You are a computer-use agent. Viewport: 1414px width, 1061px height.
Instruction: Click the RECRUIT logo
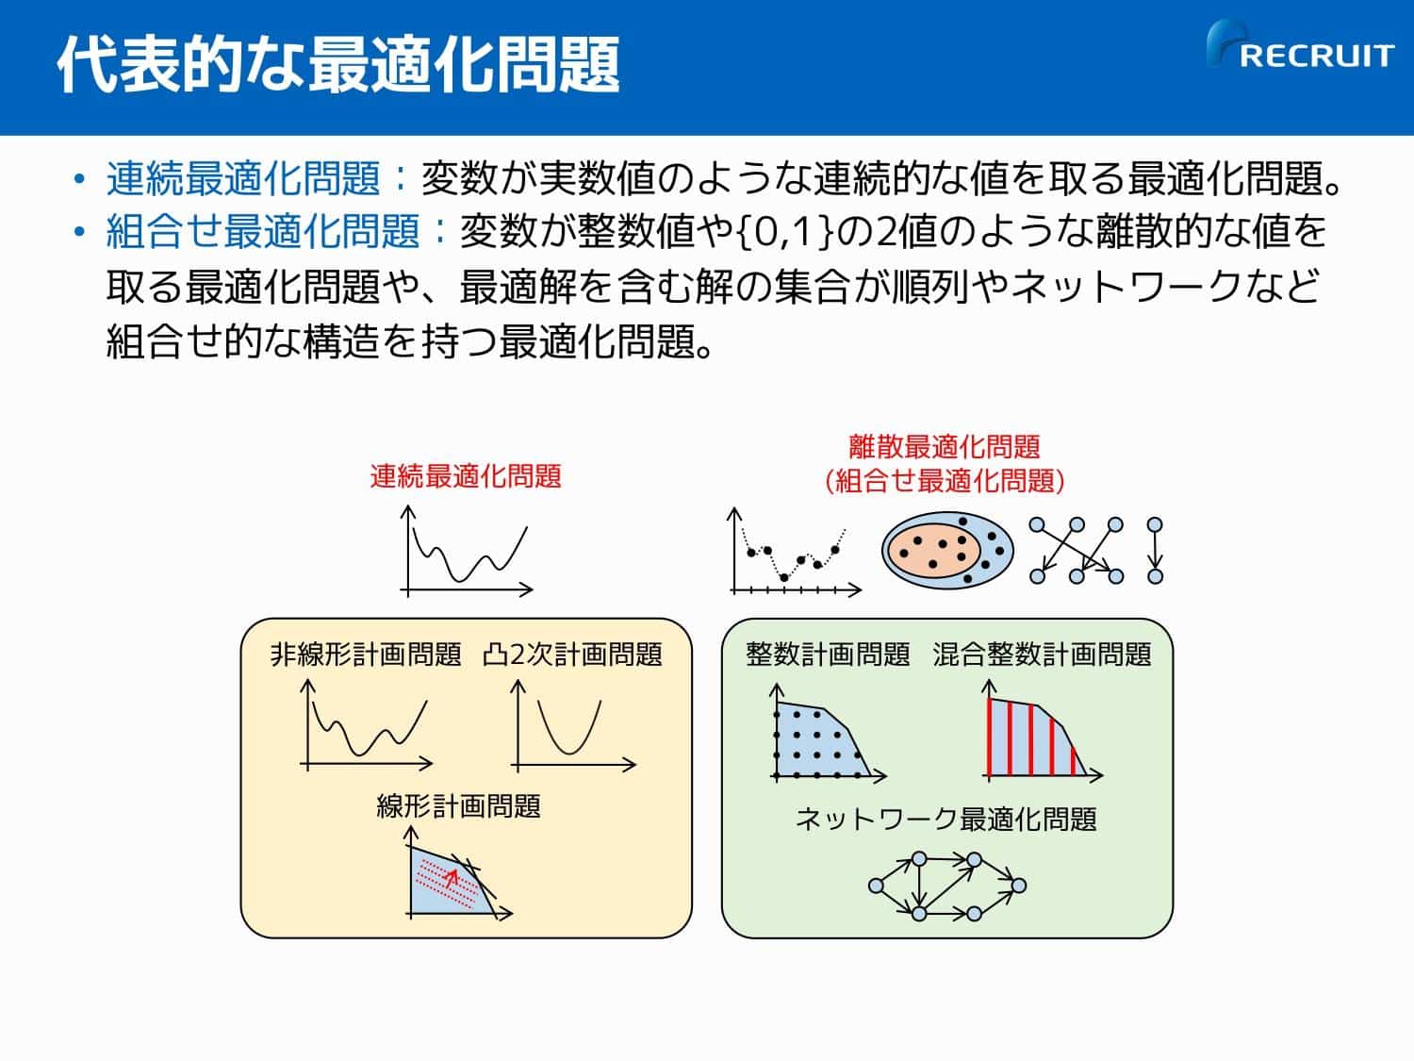1300,45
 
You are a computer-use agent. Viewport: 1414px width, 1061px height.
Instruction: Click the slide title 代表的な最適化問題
338,64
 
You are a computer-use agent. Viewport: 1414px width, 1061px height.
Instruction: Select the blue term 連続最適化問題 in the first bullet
243,178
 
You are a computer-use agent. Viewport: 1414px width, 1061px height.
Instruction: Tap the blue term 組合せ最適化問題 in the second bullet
263,231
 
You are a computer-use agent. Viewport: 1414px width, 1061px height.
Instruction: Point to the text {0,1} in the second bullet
785,232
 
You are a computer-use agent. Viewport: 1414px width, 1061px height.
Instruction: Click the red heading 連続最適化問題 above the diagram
466,476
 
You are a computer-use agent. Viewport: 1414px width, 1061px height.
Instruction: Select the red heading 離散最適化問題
945,447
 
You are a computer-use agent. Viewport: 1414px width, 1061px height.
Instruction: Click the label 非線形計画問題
366,655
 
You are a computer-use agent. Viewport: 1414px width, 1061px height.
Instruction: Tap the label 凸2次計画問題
573,655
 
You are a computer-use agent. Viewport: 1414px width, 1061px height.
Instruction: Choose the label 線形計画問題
459,806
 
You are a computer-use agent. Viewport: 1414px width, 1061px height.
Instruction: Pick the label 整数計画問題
828,655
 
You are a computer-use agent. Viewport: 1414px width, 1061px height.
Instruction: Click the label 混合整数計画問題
1042,655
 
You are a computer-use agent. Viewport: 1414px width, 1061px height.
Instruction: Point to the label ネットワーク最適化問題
945,820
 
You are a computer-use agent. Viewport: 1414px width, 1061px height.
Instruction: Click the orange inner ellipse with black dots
934,550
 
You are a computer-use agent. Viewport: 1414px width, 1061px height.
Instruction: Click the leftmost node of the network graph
876,886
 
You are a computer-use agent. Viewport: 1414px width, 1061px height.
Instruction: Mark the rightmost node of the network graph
1018,886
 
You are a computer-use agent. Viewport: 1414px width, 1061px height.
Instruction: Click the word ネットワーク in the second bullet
1126,286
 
